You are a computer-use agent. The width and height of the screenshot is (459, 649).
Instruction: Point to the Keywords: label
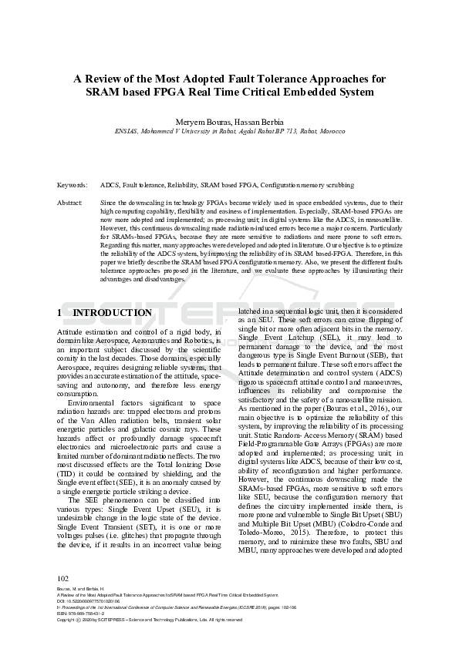pyautogui.click(x=73, y=186)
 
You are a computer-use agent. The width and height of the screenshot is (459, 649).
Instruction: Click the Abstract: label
pyautogui.click(x=70, y=202)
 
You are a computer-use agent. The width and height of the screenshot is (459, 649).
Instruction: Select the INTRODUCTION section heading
pyautogui.click(x=113, y=313)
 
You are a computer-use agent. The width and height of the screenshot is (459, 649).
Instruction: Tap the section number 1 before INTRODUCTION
pyautogui.click(x=60, y=313)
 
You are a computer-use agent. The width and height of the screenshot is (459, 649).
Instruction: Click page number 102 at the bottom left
pyautogui.click(x=64, y=577)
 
